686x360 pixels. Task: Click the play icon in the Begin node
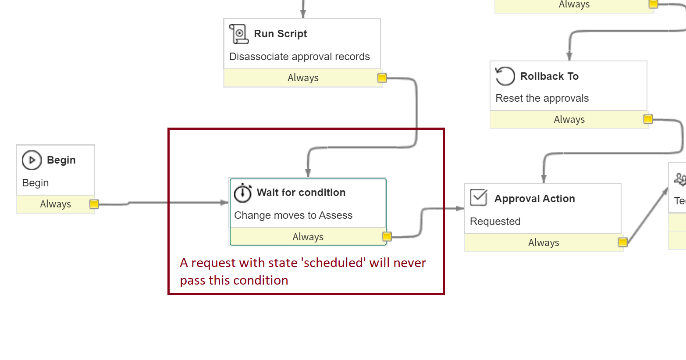coord(32,160)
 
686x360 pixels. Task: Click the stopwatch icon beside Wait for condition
coord(243,192)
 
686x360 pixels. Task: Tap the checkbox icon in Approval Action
coord(479,198)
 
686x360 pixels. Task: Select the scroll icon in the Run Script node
coord(239,34)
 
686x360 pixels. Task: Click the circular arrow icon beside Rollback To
coord(505,76)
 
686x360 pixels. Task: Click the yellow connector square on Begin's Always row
coord(94,204)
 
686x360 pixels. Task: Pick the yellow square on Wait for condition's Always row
coord(387,236)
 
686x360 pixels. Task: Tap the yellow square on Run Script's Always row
coord(382,78)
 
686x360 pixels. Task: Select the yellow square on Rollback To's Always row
coord(648,119)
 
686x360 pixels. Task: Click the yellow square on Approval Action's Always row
coord(622,242)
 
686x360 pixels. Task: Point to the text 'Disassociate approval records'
coord(299,57)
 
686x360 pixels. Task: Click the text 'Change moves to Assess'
coord(293,215)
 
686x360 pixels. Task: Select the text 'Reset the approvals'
coord(542,98)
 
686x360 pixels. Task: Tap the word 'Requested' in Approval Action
coord(495,221)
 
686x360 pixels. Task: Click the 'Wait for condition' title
coord(301,192)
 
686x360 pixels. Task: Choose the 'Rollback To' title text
coord(549,76)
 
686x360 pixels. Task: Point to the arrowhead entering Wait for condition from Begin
coord(224,203)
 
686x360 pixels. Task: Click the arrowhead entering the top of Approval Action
coord(544,178)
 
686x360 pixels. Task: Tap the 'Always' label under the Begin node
coord(55,204)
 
